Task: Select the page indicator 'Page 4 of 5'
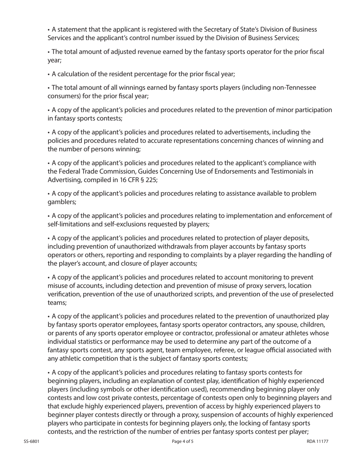coord(183,441)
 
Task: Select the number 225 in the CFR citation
coord(150,180)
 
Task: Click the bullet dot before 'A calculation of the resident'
coord(49,74)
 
